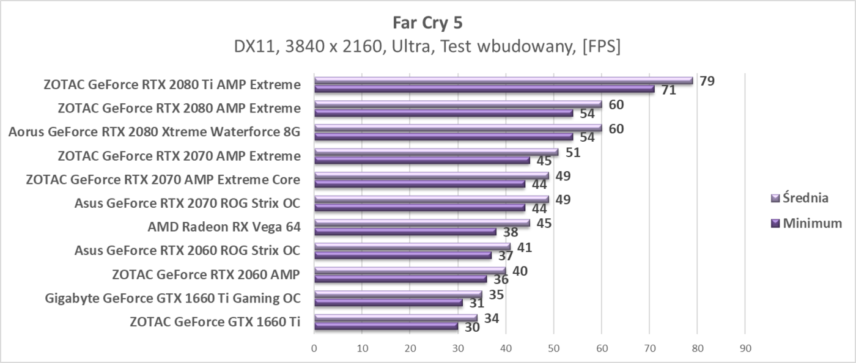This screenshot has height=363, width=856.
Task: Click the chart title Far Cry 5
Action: click(427, 23)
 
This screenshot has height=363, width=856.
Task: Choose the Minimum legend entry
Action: click(807, 223)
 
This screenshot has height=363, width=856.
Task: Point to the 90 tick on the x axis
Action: click(745, 348)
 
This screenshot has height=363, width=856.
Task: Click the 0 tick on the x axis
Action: click(314, 348)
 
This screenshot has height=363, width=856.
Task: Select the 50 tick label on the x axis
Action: click(553, 348)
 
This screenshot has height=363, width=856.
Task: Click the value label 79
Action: click(707, 81)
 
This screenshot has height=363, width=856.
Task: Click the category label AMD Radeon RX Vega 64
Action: click(224, 227)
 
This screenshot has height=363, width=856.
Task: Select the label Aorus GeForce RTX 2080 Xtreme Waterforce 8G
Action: click(154, 132)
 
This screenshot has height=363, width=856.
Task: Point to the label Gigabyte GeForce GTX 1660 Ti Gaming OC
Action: click(172, 299)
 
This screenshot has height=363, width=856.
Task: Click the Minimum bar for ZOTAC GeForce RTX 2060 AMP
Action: click(400, 279)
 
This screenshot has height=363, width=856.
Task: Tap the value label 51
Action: click(572, 152)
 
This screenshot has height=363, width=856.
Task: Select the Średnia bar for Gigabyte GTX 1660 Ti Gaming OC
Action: click(397, 295)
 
